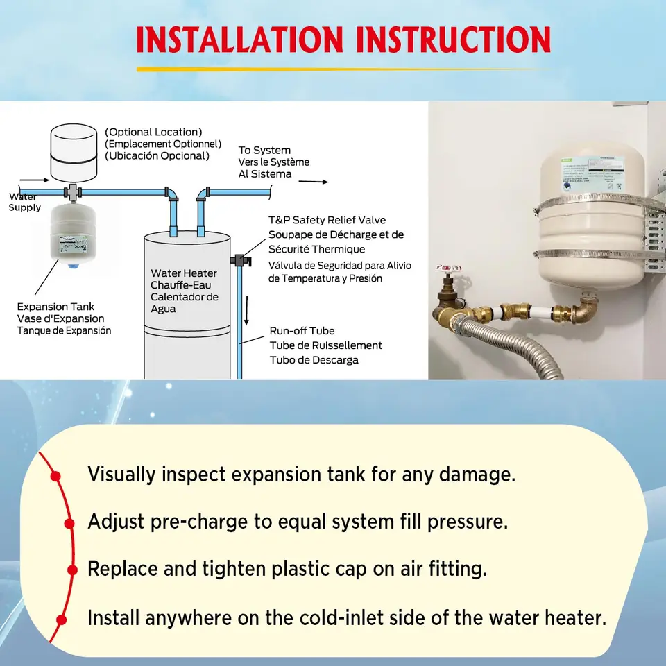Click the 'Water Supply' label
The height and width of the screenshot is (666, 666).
tap(24, 203)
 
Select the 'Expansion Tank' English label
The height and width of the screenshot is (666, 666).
tap(55, 307)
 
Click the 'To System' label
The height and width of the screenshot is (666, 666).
tap(264, 151)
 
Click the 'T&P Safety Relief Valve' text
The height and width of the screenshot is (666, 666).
tap(327, 221)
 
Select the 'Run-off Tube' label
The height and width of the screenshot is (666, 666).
tap(302, 331)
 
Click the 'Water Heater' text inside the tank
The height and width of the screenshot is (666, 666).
tap(184, 273)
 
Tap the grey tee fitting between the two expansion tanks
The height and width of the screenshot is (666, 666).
tap(73, 191)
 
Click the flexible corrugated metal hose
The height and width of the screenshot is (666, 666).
tap(506, 347)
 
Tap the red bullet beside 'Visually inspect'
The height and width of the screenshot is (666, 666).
tap(56, 476)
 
